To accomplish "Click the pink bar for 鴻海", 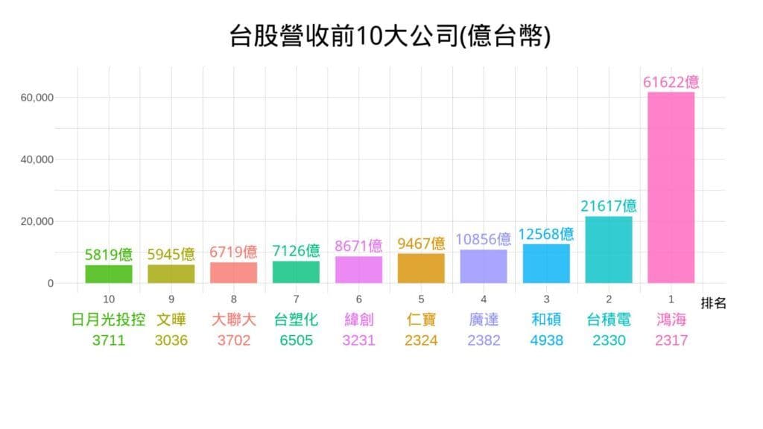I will point(671,188).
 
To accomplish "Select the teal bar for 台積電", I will point(608,250).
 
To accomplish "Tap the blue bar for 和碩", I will point(546,264).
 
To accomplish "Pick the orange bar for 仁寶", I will point(421,268).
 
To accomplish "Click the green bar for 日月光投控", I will point(109,274).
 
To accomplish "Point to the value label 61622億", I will point(671,82).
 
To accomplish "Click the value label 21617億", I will point(609,206).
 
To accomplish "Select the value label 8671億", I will point(358,245).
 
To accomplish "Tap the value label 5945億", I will point(171,253).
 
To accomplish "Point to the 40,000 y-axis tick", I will point(37,159).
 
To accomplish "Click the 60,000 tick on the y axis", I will point(37,98).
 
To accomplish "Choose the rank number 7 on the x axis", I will point(296,299).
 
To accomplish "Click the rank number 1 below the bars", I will point(671,299).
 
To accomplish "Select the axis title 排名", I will point(713,303).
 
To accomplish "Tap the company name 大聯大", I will point(233,320).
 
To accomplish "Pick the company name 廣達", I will point(484,320).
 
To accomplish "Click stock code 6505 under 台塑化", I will point(296,341).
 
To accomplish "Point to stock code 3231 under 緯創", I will point(358,341).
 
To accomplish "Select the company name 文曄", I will point(171,320).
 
